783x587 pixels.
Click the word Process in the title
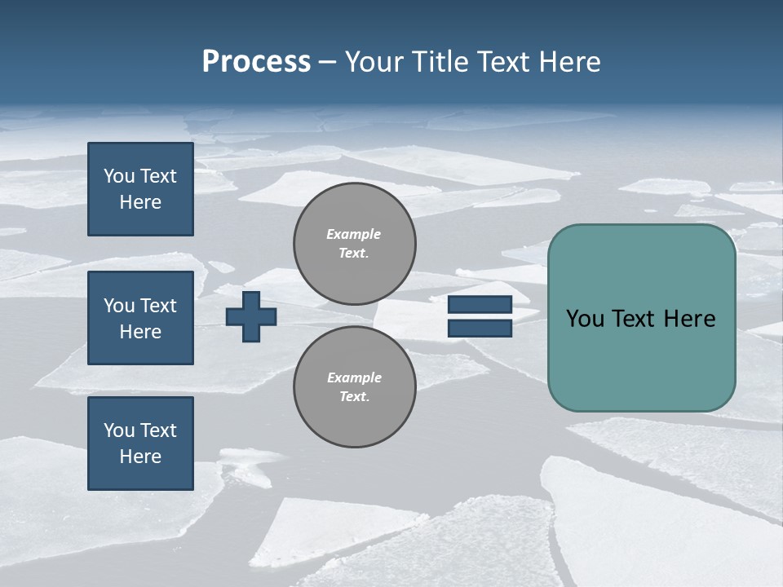pos(256,62)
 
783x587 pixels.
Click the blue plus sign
pos(251,316)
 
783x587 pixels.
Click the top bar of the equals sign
pos(480,304)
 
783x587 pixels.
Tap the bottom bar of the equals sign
pos(480,328)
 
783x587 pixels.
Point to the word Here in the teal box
pos(689,319)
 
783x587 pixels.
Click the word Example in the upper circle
pos(353,234)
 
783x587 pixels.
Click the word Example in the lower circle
pos(354,377)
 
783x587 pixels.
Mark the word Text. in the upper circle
pos(353,254)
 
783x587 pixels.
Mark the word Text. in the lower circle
pos(354,397)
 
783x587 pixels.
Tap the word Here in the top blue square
pos(140,202)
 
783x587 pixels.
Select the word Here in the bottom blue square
pos(140,457)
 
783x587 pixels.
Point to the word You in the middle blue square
pos(119,306)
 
